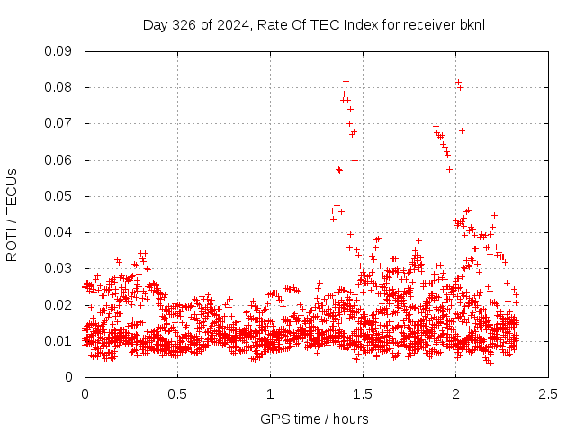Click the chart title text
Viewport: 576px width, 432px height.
click(x=313, y=24)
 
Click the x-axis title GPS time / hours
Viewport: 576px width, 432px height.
click(x=314, y=418)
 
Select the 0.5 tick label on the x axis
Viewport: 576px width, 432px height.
click(x=177, y=393)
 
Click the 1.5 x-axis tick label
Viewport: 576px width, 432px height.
click(x=363, y=393)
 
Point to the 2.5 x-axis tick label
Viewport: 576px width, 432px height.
click(x=548, y=393)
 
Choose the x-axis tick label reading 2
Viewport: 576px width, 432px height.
click(x=455, y=393)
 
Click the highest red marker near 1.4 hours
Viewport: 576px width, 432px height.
click(x=346, y=81)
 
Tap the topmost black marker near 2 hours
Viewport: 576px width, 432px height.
click(x=458, y=83)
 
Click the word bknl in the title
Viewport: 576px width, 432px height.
click(x=472, y=24)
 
